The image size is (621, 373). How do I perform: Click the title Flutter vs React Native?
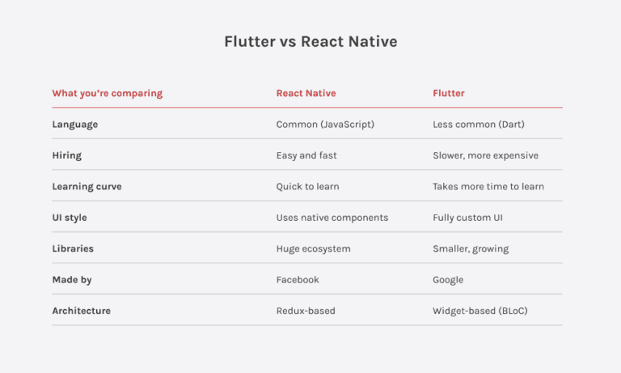tap(310, 41)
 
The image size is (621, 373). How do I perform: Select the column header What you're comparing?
tap(107, 93)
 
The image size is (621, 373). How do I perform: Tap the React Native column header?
tap(306, 93)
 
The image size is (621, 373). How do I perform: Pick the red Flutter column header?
tap(449, 93)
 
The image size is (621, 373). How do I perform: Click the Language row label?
tap(75, 125)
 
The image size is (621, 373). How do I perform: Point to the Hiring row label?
tap(67, 155)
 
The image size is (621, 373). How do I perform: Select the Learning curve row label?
tap(87, 186)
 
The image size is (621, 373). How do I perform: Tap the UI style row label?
tap(70, 218)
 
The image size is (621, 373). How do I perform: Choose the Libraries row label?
tap(74, 248)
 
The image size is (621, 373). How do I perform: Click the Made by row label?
tap(72, 280)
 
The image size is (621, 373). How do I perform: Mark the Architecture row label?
tap(82, 311)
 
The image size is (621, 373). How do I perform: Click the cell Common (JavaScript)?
tap(325, 125)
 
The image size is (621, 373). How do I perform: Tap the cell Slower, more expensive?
tap(485, 155)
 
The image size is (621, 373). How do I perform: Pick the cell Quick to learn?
tap(307, 186)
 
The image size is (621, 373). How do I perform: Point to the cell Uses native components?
tap(332, 218)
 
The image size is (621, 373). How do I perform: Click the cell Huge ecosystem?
tap(314, 248)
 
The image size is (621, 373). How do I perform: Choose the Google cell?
tap(448, 280)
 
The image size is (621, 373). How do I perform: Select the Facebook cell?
tap(298, 280)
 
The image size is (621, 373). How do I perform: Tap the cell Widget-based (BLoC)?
tap(480, 311)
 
